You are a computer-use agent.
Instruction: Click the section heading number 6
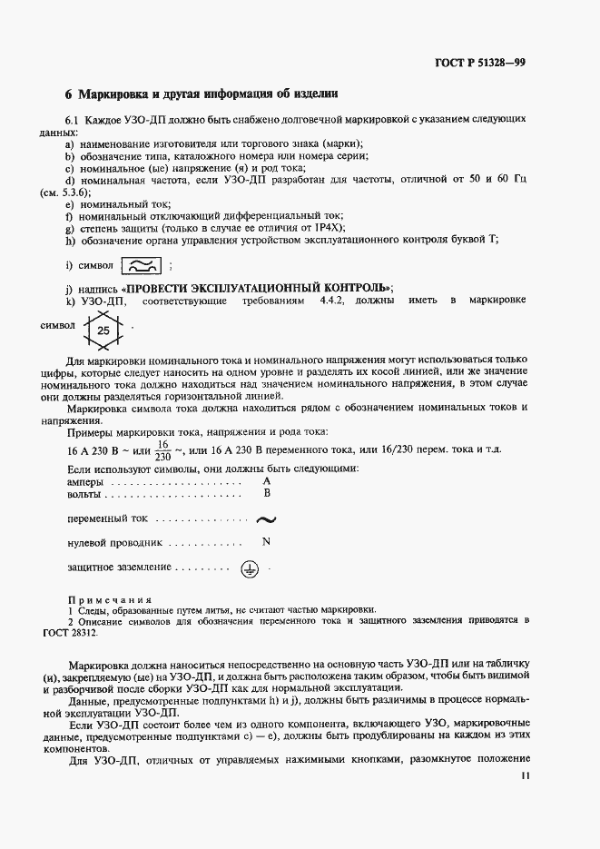(x=69, y=94)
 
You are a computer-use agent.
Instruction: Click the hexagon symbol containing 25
(x=103, y=331)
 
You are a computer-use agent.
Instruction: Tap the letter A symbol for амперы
(x=267, y=480)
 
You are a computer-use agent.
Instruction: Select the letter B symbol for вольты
(x=267, y=493)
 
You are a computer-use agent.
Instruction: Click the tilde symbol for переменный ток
(x=266, y=519)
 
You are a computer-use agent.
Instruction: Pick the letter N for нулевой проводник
(x=266, y=542)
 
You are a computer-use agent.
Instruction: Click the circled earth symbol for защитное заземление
(x=251, y=568)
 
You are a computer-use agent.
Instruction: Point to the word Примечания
(x=108, y=599)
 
